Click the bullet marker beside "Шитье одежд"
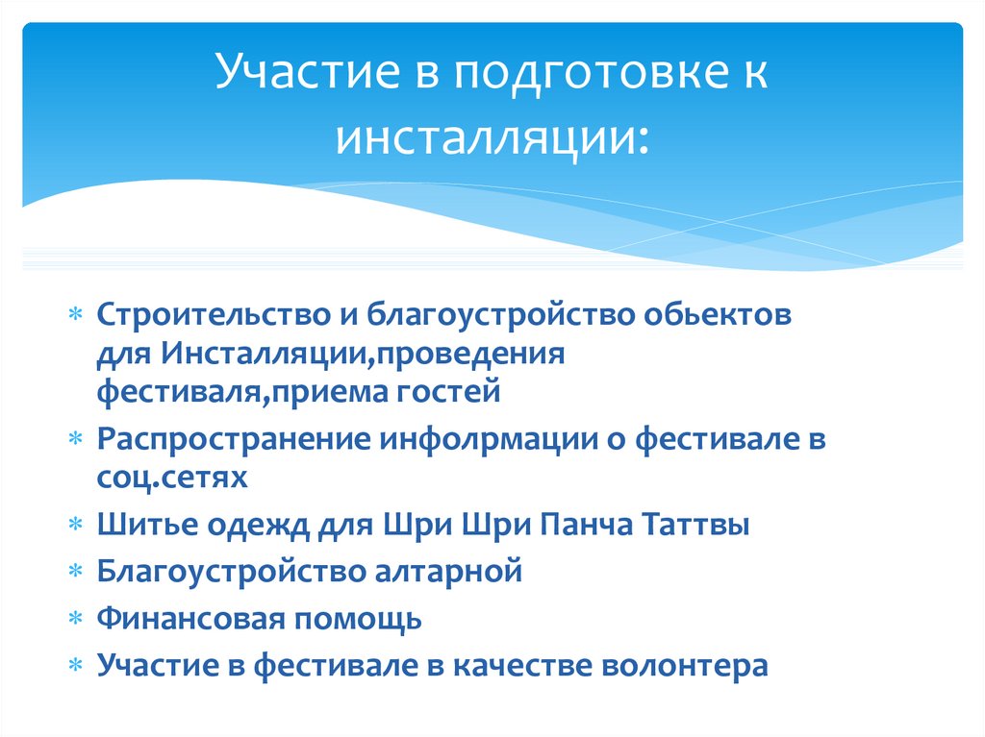click(76, 527)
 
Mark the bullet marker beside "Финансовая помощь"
click(76, 620)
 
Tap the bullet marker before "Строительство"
click(76, 317)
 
